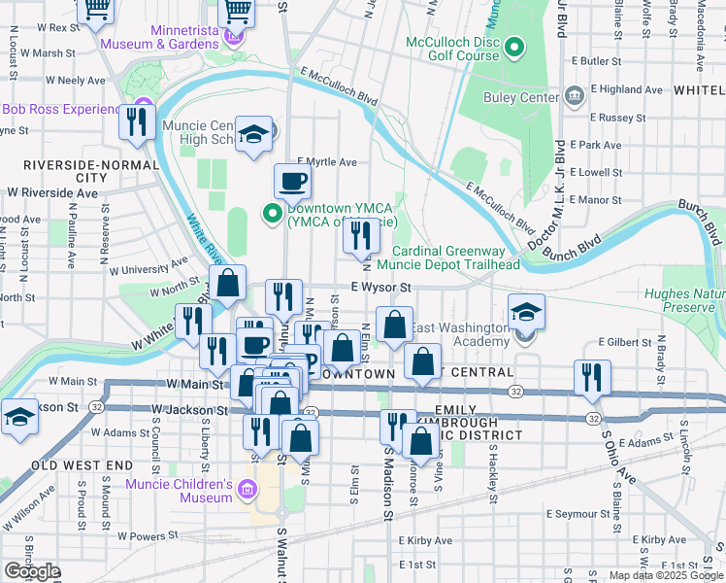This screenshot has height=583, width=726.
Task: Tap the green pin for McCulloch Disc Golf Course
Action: coord(514,48)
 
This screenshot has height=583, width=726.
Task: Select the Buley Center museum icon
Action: coord(574,95)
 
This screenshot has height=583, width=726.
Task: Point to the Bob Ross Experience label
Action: coord(65,109)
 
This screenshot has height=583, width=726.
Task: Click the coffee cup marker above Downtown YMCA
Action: coord(292,180)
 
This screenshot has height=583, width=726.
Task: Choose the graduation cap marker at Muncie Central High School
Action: coord(253,135)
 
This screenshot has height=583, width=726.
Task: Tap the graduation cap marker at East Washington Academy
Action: coord(526,312)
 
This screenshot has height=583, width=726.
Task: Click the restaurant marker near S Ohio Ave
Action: coord(592,376)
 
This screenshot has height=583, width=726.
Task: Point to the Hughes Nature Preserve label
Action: coord(684,299)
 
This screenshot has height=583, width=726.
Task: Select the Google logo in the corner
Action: coord(32,571)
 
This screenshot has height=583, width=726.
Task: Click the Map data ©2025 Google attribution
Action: coord(665,575)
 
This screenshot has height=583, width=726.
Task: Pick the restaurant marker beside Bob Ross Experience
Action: coord(137,121)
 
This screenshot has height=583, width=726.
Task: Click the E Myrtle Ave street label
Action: coord(327,161)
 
